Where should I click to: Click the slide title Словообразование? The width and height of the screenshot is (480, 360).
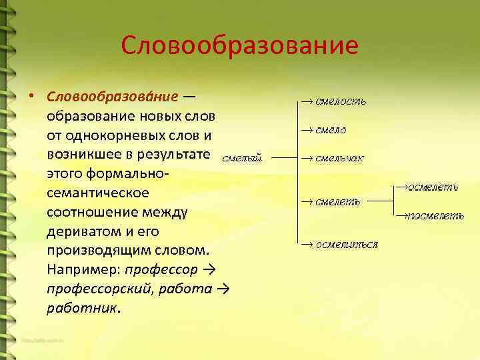click(240, 45)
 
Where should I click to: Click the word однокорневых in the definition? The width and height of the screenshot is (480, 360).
click(113, 135)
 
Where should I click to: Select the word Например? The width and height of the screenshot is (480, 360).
click(83, 271)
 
